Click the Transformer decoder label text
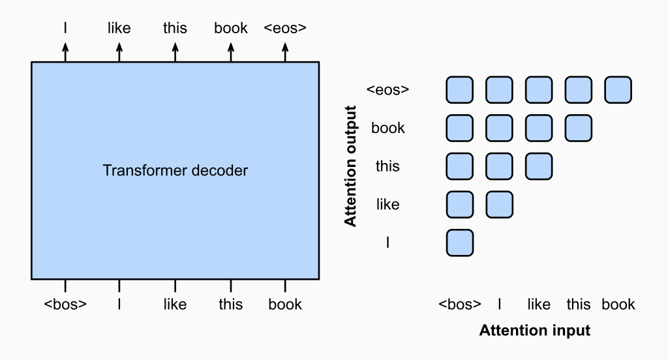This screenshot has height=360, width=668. [175, 170]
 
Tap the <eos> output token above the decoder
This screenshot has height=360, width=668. [285, 28]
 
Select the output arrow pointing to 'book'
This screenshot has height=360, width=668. [231, 52]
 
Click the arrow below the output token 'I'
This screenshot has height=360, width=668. [65, 52]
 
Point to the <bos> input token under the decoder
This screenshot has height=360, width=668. [65, 304]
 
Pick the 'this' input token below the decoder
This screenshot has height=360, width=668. [230, 304]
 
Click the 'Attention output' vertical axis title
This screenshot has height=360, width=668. [350, 166]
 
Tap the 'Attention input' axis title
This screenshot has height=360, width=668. [535, 331]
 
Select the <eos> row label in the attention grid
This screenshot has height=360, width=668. [387, 89]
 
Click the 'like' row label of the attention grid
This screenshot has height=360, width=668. [387, 205]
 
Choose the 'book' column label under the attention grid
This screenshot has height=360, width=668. [618, 304]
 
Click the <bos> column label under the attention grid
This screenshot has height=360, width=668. [460, 304]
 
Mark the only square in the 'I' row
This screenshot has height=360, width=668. [460, 243]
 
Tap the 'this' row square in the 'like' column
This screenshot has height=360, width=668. [539, 166]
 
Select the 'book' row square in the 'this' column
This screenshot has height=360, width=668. [579, 128]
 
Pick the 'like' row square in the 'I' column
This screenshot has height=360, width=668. [499, 205]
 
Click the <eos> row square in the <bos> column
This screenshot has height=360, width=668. [460, 90]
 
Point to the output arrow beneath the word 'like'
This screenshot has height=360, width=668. [119, 52]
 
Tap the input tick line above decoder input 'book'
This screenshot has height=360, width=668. [285, 286]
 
